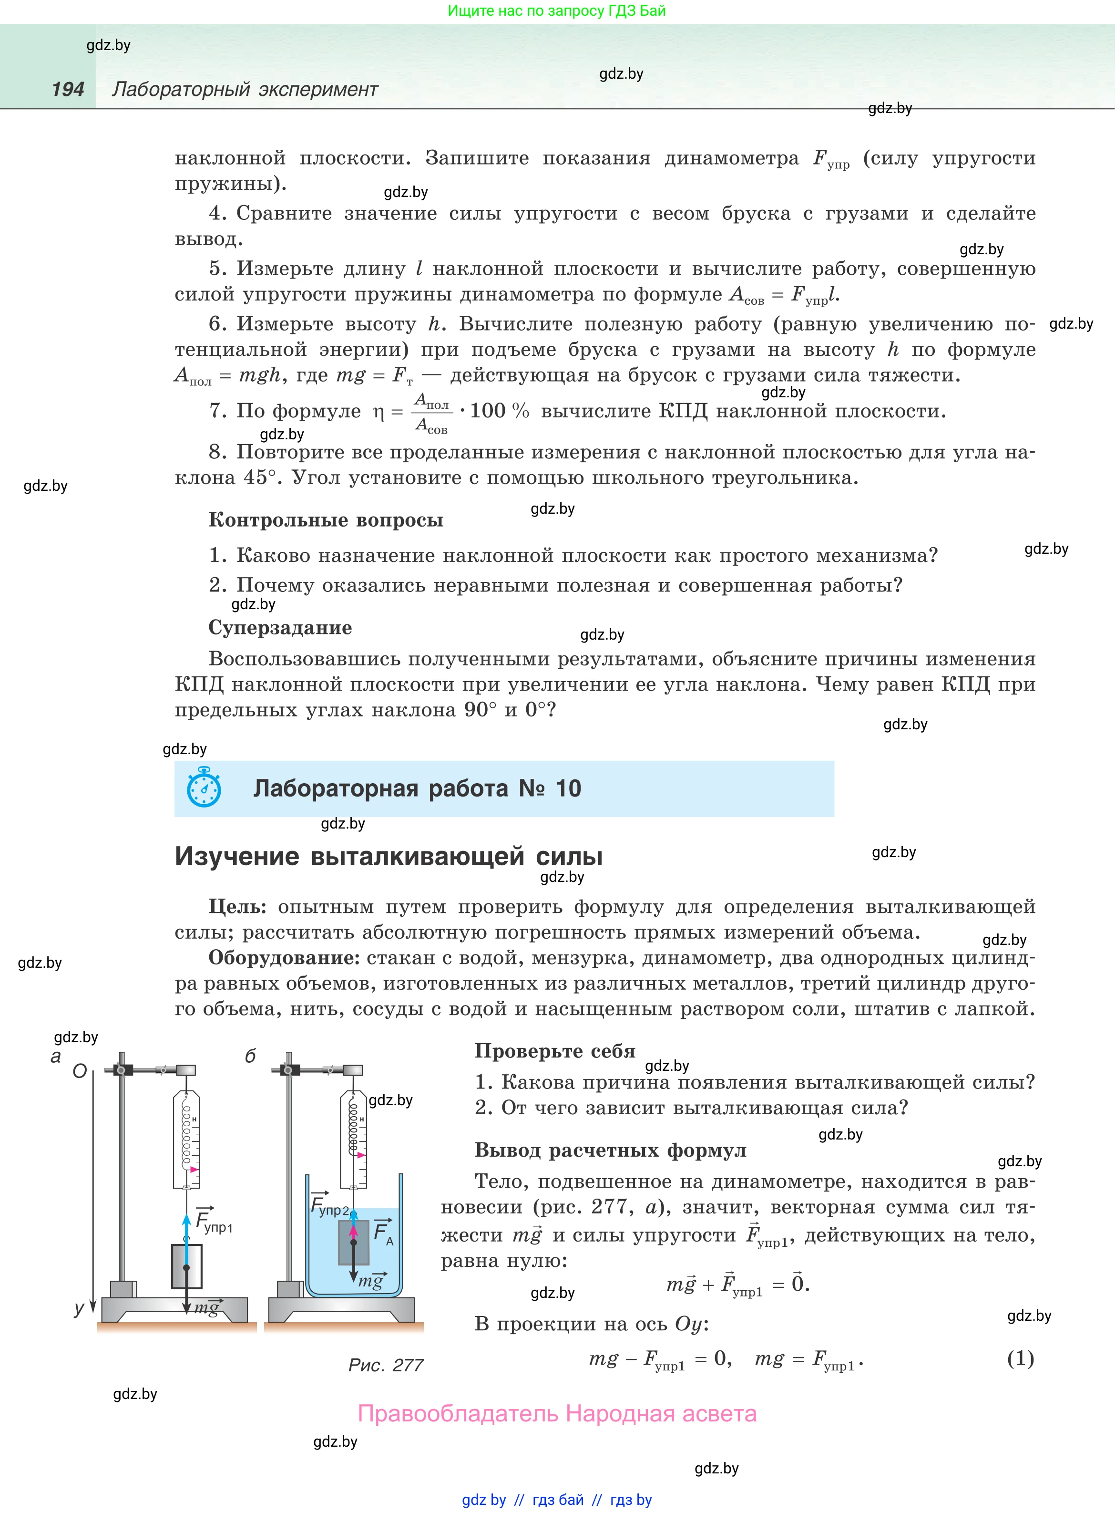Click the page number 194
pos(68,89)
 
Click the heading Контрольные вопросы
pos(326,520)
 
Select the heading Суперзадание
pos(280,628)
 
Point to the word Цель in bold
pos(237,907)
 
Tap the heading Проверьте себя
pos(555,1051)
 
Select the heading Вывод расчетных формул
pos(610,1150)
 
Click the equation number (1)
pos(1020,1358)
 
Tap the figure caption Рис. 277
pos(385,1365)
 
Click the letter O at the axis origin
pos(80,1071)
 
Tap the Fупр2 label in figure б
pos(329,1206)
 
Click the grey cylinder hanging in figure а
pos(187,1266)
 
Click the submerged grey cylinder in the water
pos(354,1242)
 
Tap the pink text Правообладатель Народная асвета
pos(557,1413)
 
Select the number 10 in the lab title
pos(568,788)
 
